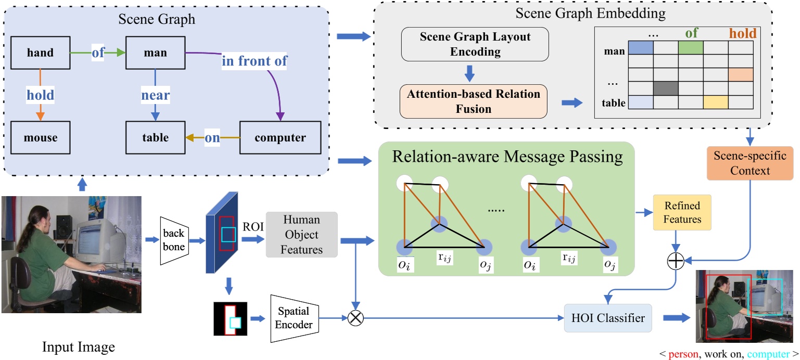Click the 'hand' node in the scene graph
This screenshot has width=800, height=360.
[x=42, y=52]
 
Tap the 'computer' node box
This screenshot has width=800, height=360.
[x=280, y=138]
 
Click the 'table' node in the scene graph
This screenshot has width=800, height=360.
[x=156, y=138]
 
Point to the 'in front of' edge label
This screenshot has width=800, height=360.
[x=255, y=61]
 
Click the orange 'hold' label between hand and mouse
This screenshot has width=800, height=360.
[x=41, y=95]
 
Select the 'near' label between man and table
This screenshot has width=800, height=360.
[x=155, y=96]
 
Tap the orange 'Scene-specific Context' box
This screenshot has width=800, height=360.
[x=750, y=163]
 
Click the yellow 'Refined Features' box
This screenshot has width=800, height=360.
[x=682, y=212]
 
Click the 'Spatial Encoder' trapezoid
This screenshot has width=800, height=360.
[x=294, y=318]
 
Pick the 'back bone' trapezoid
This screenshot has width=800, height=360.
[x=174, y=240]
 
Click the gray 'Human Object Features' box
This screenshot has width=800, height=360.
[x=301, y=235]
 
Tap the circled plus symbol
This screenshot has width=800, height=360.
[x=675, y=261]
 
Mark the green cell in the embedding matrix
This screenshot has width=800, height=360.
[x=690, y=48]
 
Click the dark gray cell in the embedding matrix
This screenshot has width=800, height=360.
[x=666, y=88]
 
